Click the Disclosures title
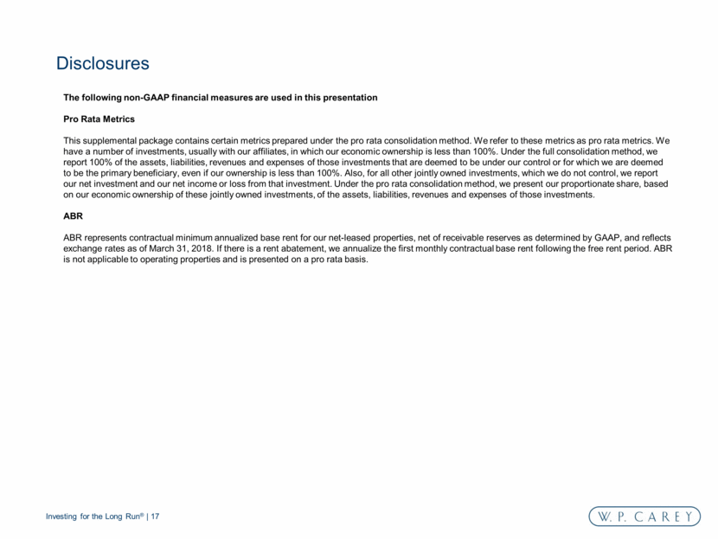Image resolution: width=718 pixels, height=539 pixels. coord(103,64)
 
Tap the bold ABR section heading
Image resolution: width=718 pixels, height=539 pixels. coord(74,216)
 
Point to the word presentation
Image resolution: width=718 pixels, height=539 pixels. coord(347,98)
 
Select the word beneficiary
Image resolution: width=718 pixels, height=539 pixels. coord(157,173)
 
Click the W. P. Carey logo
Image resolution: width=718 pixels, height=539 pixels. coord(644,517)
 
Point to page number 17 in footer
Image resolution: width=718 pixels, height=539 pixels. coord(156,517)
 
